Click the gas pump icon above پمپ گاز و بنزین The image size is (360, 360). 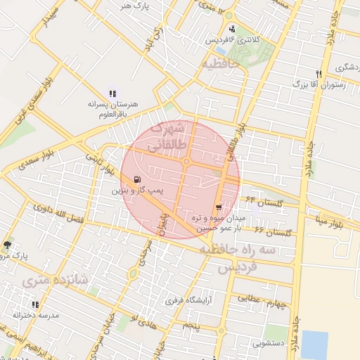coord(136,179)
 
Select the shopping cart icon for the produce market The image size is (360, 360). coord(219,207)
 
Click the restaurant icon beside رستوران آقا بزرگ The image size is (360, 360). coord(319,74)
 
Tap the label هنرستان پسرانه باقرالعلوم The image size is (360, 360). coord(112,109)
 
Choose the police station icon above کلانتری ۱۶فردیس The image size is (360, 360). coord(232,30)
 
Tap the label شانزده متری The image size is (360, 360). coord(56,279)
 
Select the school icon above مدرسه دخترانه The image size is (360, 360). coord(35,304)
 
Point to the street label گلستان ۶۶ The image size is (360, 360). coord(273,231)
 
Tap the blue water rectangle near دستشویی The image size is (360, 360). coord(314,345)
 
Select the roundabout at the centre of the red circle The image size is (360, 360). coord(186,162)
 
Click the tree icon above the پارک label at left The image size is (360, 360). coord(7,245)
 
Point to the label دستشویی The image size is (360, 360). coord(271,345)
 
